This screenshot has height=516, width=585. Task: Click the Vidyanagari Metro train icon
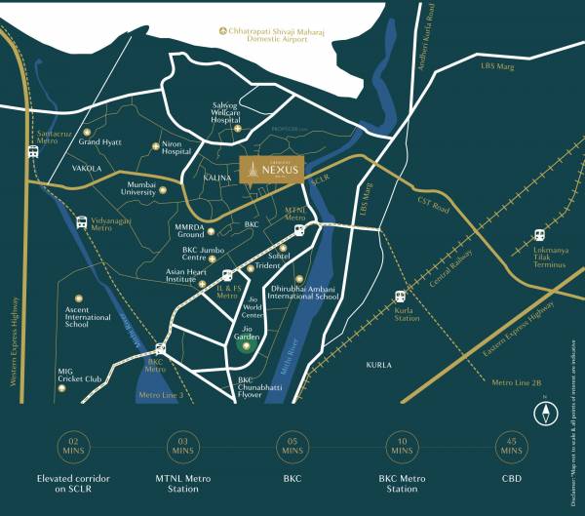81,222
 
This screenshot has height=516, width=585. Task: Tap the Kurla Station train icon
399,297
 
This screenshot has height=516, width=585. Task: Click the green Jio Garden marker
247,346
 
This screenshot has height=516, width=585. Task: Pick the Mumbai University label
130,187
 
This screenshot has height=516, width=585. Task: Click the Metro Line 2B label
515,382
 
